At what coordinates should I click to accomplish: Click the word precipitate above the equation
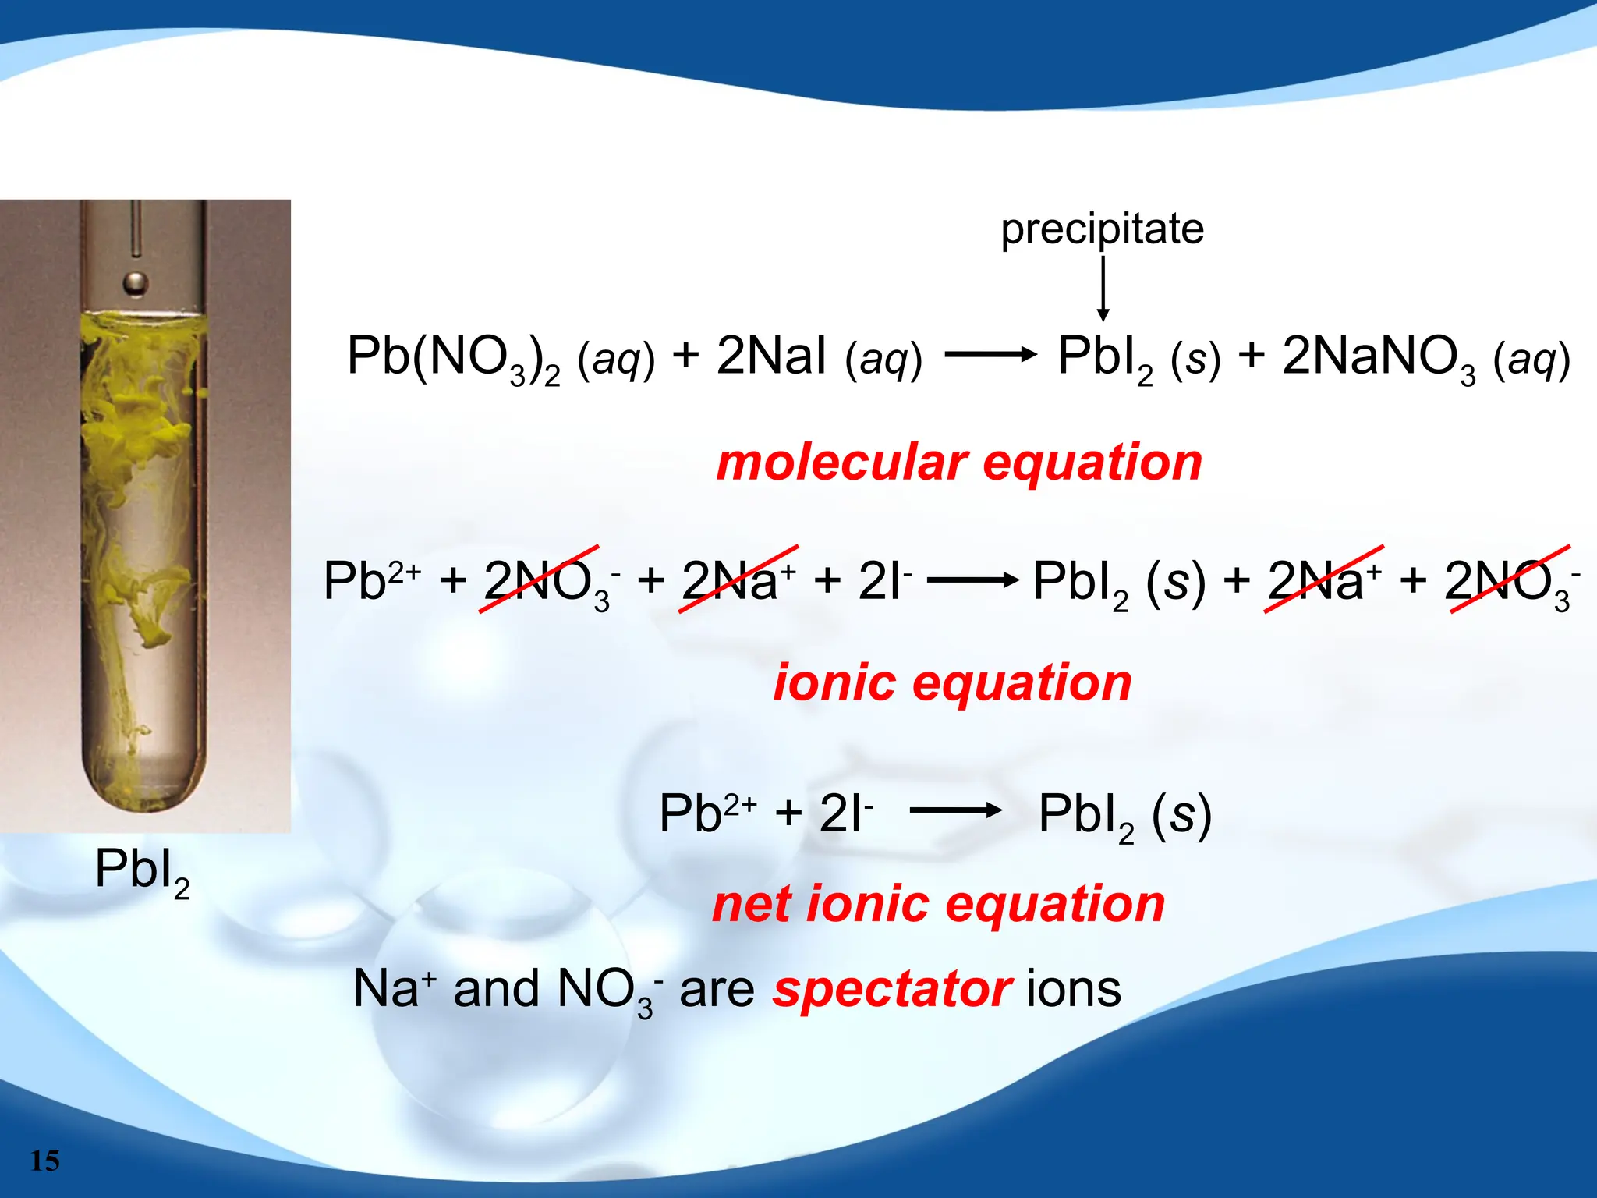[1102, 229]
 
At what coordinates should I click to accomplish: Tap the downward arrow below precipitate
[1103, 289]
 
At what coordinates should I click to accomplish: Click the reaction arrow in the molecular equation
[990, 355]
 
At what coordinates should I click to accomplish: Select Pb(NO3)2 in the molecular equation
[453, 358]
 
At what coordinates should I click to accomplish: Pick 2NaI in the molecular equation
[770, 356]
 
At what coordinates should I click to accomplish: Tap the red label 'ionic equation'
[952, 682]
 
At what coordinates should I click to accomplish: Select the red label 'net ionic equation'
[938, 904]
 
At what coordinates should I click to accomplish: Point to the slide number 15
[45, 1161]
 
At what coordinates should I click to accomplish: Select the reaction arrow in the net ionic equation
[955, 810]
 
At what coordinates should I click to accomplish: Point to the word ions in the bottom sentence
[1074, 989]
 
